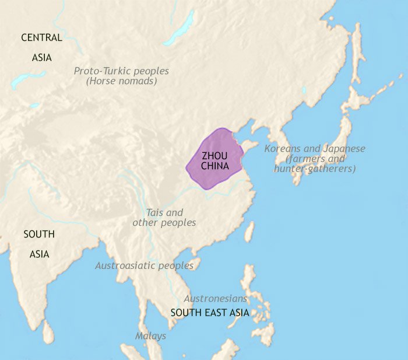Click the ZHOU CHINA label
click(214, 160)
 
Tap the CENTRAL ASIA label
click(41, 47)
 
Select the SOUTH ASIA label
click(39, 244)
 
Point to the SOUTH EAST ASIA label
click(210, 313)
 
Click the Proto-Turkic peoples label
click(121, 71)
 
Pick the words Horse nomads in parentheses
click(121, 82)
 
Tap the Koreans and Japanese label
click(315, 149)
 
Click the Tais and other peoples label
click(164, 218)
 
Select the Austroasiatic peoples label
click(145, 265)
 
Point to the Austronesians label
click(216, 298)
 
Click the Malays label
click(150, 336)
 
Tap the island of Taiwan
click(249, 231)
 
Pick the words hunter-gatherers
click(315, 169)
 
